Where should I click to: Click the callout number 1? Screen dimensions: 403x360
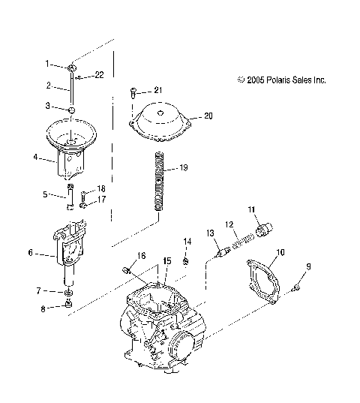46,64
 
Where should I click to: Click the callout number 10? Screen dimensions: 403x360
281,252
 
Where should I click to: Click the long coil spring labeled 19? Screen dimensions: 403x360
159,184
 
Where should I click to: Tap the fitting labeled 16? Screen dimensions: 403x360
128,269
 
